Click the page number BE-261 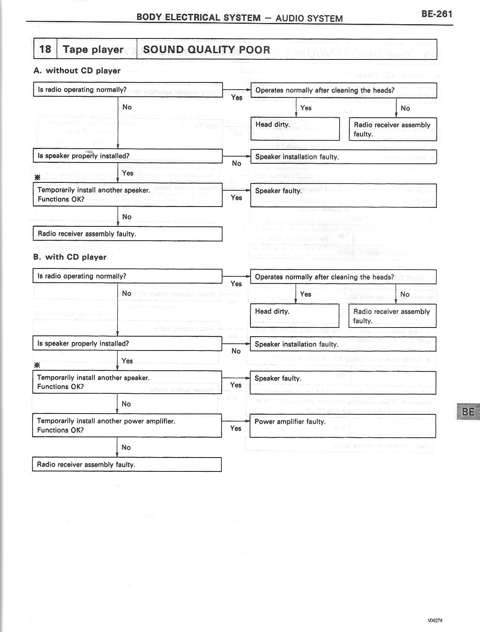coord(436,14)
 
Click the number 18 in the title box coord(45,49)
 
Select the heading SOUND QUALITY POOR coord(206,50)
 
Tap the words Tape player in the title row coord(93,50)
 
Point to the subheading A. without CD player coord(77,71)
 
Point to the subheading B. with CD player coord(70,257)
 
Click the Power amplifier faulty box coord(343,426)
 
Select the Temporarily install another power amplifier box coord(127,425)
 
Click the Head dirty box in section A coord(295,129)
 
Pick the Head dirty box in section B coord(294,316)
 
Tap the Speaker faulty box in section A coord(344,195)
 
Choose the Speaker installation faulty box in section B coord(343,344)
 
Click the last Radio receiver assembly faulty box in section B coord(127,464)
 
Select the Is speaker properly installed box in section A coord(127,156)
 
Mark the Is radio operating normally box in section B coord(127,276)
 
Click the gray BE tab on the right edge coord(468,412)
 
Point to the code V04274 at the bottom coord(435,621)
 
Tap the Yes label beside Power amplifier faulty coord(236,428)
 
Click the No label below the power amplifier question coord(126,447)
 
